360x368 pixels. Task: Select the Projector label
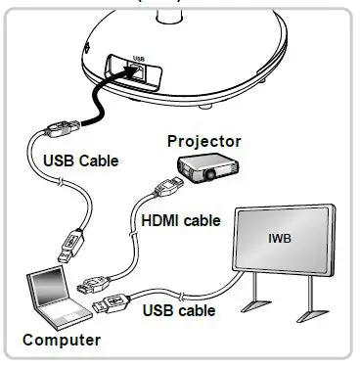(202, 142)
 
